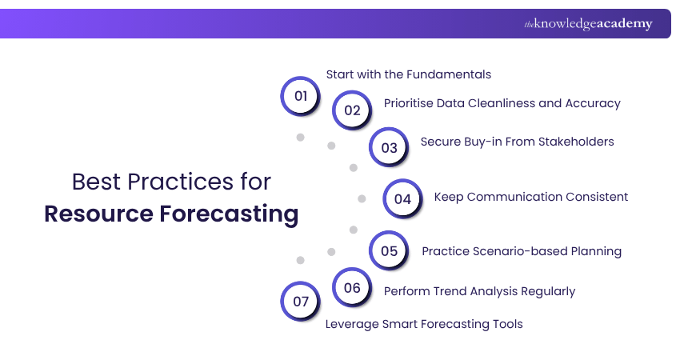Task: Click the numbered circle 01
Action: [300, 96]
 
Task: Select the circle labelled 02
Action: [352, 110]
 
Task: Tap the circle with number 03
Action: [389, 147]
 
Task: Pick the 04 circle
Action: [402, 198]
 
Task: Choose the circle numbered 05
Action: [389, 250]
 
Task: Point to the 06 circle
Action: [352, 287]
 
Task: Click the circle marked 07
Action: [300, 302]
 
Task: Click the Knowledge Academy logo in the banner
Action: [588, 24]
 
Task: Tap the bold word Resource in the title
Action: [98, 214]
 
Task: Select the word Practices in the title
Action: [181, 182]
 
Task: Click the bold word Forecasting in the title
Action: [229, 214]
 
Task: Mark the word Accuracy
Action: [593, 104]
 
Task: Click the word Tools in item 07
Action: [508, 324]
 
